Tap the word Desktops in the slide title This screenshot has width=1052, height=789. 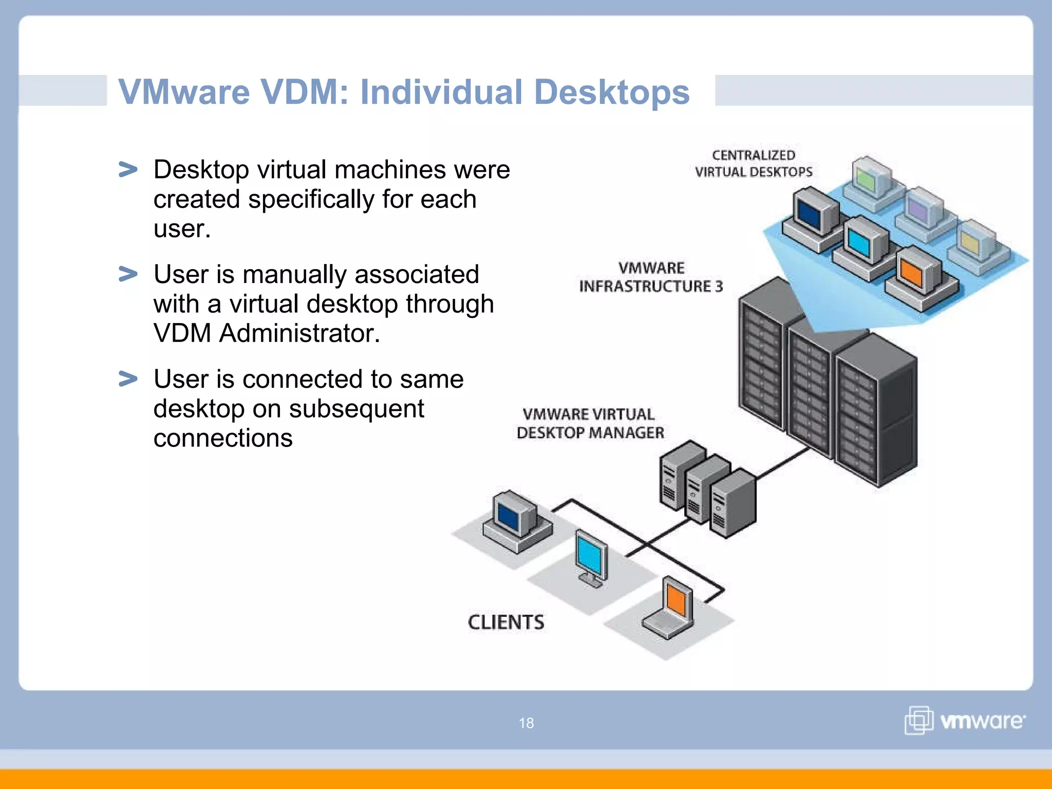pyautogui.click(x=611, y=92)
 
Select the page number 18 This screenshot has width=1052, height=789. pyautogui.click(x=526, y=723)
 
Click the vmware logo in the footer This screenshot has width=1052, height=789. pyautogui.click(x=965, y=721)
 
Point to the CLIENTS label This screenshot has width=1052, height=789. pyautogui.click(x=506, y=622)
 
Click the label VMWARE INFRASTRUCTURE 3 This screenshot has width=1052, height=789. pyautogui.click(x=651, y=277)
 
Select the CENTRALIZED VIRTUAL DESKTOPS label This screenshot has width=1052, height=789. pyautogui.click(x=754, y=163)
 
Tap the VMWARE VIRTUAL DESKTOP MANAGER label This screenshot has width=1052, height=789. pyautogui.click(x=590, y=424)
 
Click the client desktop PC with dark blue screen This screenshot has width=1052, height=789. pyautogui.click(x=515, y=520)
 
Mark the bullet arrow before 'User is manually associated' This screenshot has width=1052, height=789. pyautogui.click(x=128, y=274)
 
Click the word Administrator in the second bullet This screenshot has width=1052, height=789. pyautogui.click(x=299, y=333)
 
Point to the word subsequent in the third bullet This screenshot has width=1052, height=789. pyautogui.click(x=356, y=409)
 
